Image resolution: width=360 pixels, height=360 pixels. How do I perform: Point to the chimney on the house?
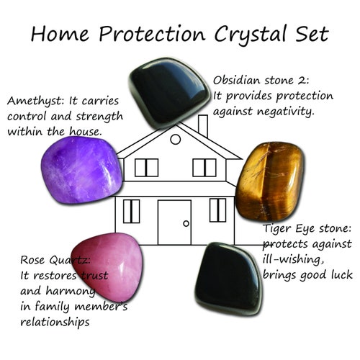[202, 126]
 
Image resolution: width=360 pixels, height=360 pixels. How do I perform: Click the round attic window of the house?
[175, 138]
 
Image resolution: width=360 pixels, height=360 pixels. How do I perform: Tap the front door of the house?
[174, 222]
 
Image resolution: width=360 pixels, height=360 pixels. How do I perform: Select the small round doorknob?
[186, 224]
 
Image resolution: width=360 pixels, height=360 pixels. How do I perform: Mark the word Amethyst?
[34, 102]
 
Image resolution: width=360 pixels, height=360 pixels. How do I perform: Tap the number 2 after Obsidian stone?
[307, 81]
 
